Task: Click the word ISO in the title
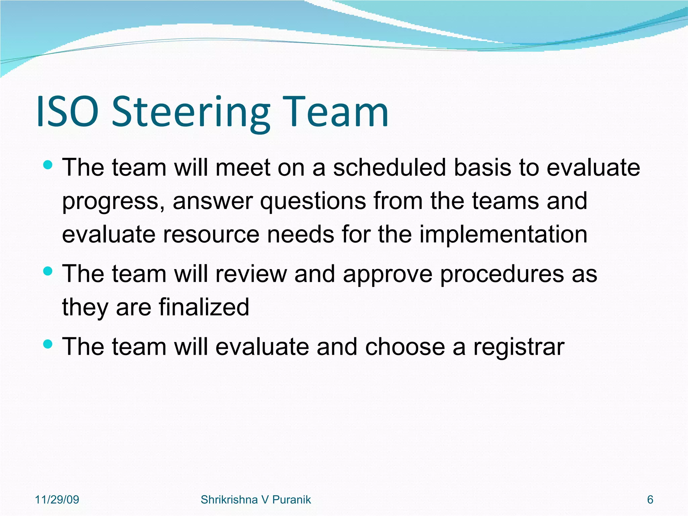tap(67, 112)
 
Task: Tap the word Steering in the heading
tap(190, 113)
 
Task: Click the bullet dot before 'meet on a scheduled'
tap(48, 165)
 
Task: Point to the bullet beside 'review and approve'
tap(48, 271)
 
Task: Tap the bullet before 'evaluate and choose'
tap(48, 344)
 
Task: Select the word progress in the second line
tap(111, 202)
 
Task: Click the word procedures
tap(502, 274)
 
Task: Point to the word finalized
tap(204, 307)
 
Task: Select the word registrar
tap(519, 347)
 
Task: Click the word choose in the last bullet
tap(405, 347)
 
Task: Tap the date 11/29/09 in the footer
tap(57, 500)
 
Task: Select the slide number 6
tap(650, 500)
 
